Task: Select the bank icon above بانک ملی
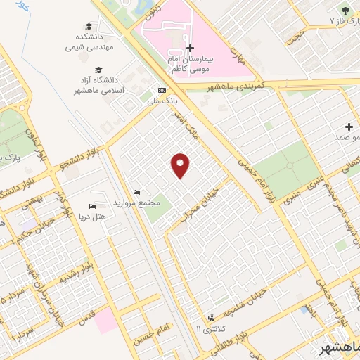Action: (162, 90)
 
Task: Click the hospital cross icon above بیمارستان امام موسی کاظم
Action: (190, 48)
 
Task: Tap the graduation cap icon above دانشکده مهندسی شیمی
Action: (88, 25)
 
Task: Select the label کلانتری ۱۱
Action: (209, 329)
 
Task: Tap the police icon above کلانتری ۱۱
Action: (211, 319)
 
